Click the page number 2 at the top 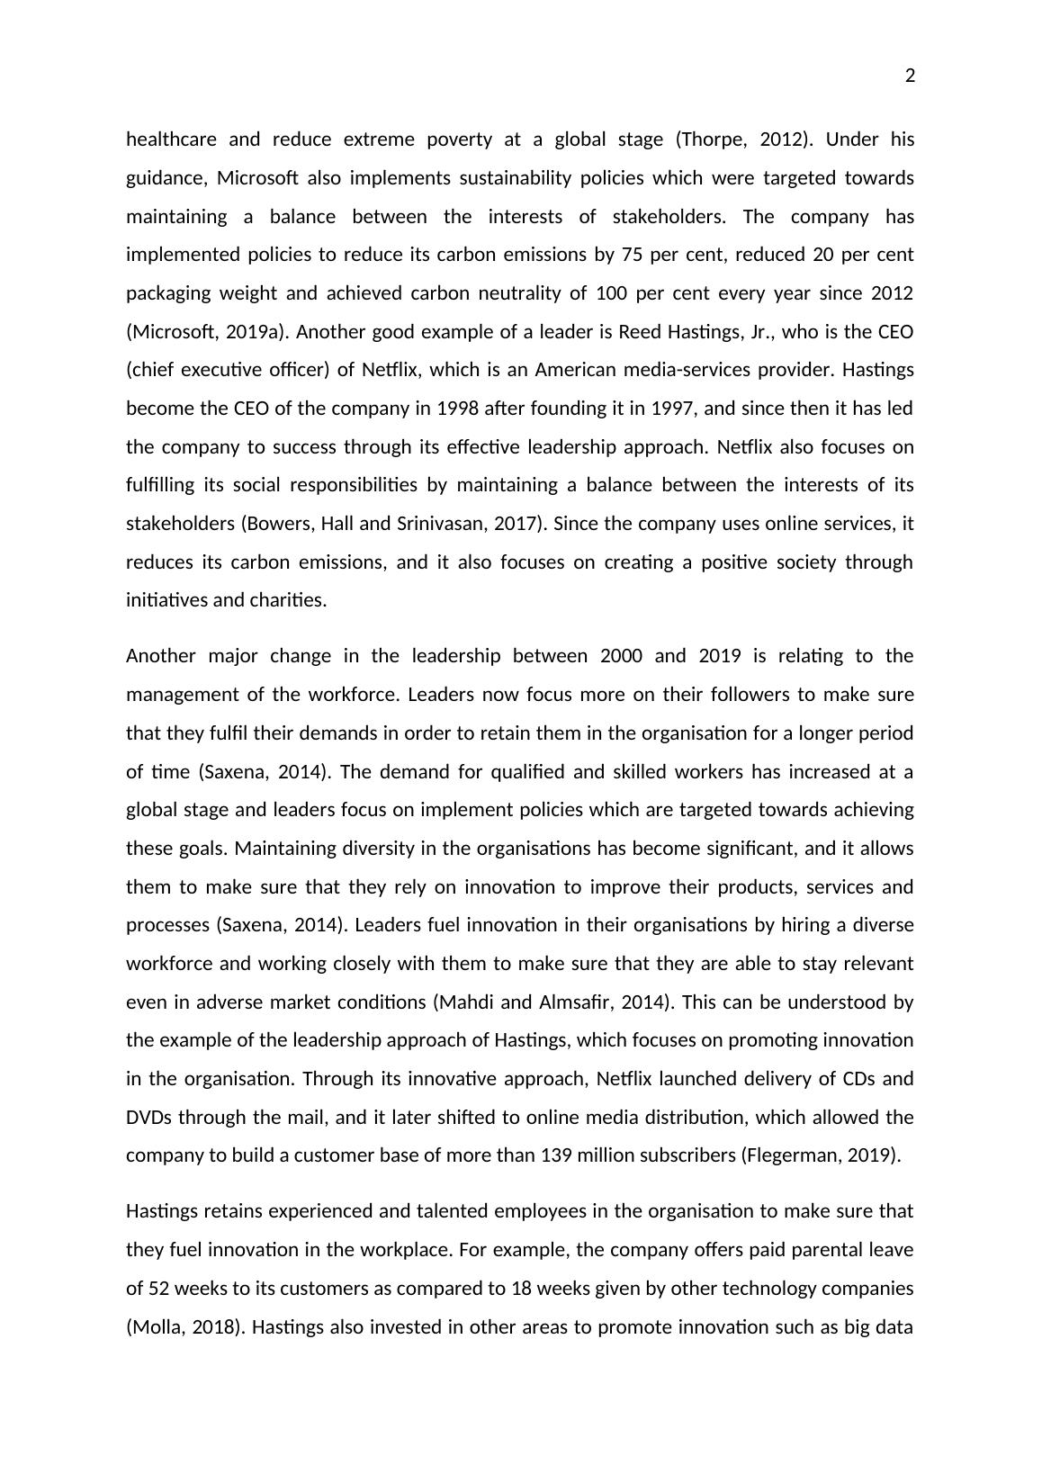[x=910, y=76]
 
